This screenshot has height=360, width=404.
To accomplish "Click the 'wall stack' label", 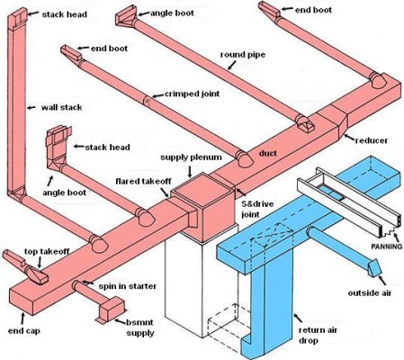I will point(62,107).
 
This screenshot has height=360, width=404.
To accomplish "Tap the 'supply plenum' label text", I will point(193,158).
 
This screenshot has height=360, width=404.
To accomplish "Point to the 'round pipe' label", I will point(243,55).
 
